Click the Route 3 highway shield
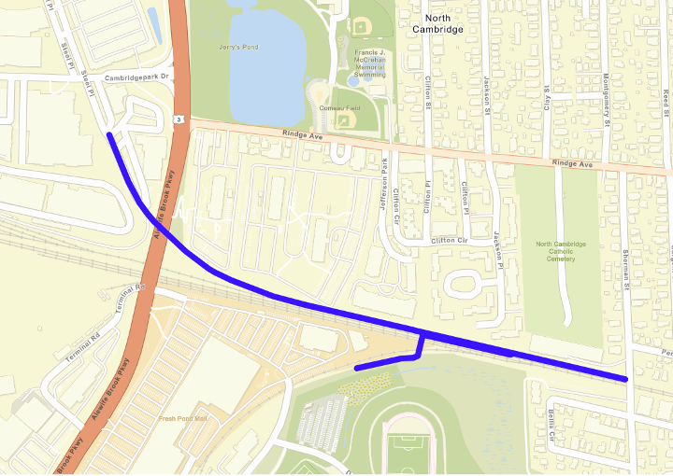tap(178, 119)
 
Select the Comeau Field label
tap(340, 108)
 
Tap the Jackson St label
tap(487, 97)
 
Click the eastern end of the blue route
tap(624, 379)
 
